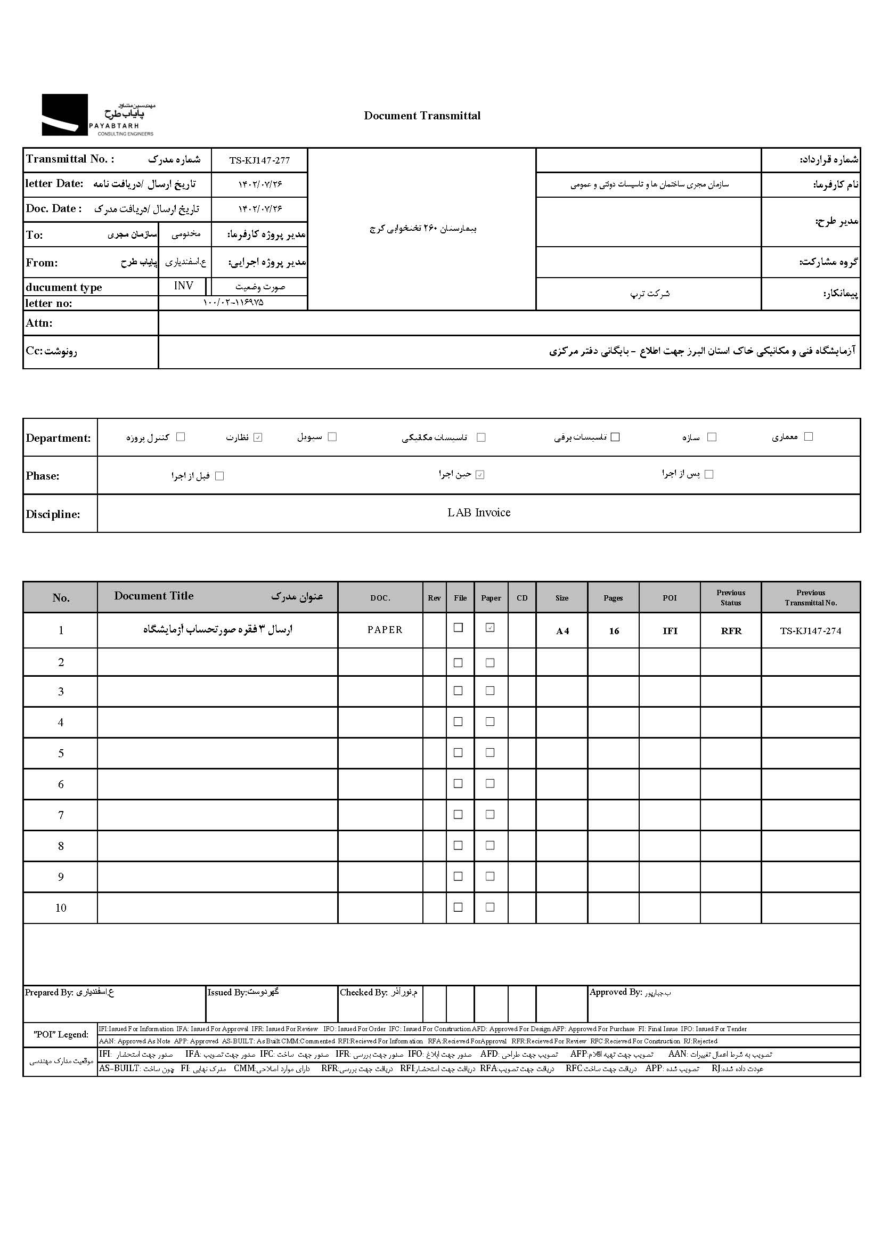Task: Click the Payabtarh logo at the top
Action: [x=97, y=115]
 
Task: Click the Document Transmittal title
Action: [x=422, y=116]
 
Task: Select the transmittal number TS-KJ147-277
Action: [x=259, y=160]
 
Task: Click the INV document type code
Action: [x=183, y=286]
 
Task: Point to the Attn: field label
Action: [x=39, y=323]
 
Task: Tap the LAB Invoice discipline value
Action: [x=478, y=513]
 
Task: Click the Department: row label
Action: [x=59, y=438]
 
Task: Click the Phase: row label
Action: [x=43, y=476]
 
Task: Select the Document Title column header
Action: [x=153, y=596]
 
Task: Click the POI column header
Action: [x=670, y=597]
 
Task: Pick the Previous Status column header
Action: [x=730, y=597]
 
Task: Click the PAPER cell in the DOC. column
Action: [x=385, y=630]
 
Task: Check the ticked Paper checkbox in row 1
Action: [x=490, y=628]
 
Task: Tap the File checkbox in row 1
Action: [x=459, y=628]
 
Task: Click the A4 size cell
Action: [x=562, y=631]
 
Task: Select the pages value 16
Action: [x=614, y=631]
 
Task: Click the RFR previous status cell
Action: [x=731, y=631]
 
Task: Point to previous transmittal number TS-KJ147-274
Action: [x=811, y=631]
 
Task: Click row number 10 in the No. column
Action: [x=61, y=908]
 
